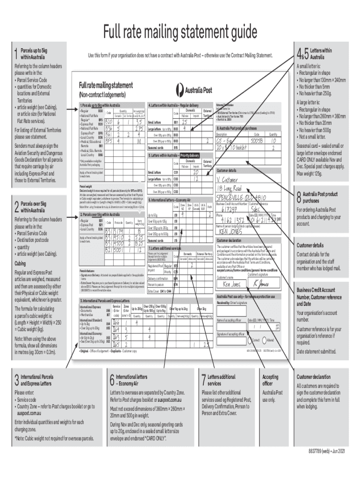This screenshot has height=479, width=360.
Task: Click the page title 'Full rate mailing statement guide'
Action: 180,32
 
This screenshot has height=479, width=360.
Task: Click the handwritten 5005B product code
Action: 256,139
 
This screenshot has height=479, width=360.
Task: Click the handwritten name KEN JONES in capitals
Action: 230,232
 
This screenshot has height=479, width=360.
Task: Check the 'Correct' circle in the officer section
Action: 252,341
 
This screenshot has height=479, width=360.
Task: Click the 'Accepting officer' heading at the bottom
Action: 270,380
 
